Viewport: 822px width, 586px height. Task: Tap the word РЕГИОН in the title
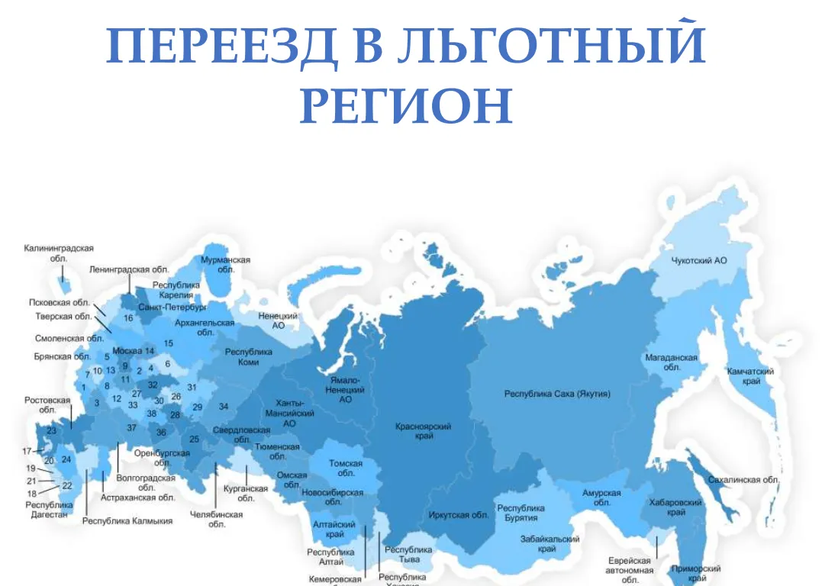tap(406, 106)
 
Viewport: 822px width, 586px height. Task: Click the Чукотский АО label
tap(698, 261)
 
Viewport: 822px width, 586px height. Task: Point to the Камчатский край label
tap(752, 376)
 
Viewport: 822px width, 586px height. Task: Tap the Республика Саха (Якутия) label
tap(557, 394)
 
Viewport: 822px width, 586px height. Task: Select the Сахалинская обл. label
tap(743, 480)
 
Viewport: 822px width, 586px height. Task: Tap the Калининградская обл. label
tap(59, 253)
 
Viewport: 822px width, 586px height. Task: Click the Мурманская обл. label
tap(225, 265)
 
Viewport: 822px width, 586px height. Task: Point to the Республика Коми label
tap(248, 357)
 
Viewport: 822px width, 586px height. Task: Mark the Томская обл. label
tap(346, 468)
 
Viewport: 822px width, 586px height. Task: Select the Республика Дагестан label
tap(49, 509)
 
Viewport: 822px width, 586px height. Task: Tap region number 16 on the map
tap(128, 318)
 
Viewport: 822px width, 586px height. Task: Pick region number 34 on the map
tap(224, 407)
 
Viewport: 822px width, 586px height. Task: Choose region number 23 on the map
tap(51, 431)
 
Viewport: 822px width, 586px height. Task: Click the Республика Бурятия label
tap(521, 513)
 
